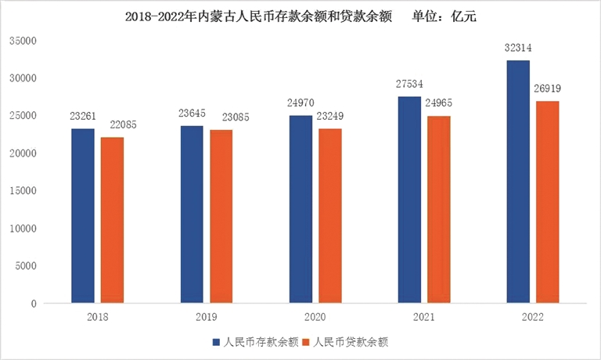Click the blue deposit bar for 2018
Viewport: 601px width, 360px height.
(82, 216)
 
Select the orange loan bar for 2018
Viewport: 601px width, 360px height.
(112, 220)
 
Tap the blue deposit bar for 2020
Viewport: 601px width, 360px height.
(300, 209)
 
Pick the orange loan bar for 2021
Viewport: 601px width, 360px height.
(439, 209)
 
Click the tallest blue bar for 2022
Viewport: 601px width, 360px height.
(518, 182)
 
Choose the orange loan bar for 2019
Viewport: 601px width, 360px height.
(221, 216)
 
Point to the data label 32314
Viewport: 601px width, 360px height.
(518, 49)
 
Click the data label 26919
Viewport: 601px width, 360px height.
(549, 88)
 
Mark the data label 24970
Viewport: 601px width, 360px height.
(300, 103)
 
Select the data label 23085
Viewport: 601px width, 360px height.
(222, 117)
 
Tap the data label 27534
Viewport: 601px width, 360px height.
(409, 84)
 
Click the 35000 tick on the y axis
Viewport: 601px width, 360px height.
(23, 41)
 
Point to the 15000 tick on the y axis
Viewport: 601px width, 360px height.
(23, 191)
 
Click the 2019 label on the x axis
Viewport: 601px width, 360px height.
(207, 318)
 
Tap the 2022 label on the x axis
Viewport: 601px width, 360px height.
(532, 318)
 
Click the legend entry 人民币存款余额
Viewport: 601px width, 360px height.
(255, 342)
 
